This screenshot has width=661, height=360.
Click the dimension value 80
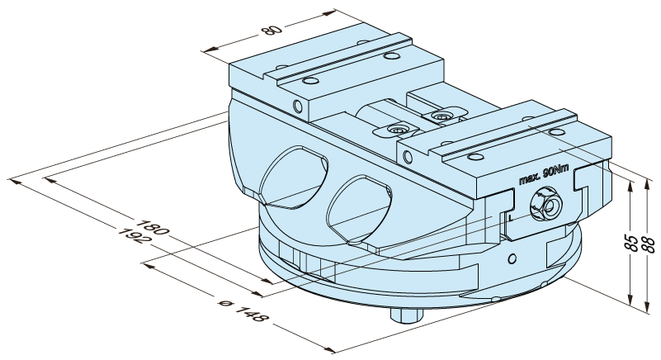[271, 30]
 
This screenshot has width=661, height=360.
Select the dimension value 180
[152, 227]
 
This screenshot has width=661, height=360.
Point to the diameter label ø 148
[243, 310]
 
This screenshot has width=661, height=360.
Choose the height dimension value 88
[649, 244]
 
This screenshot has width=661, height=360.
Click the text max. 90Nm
[544, 175]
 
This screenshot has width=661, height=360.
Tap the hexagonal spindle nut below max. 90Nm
[546, 205]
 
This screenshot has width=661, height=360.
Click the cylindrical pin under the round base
[406, 315]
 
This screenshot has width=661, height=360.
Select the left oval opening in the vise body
[294, 178]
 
